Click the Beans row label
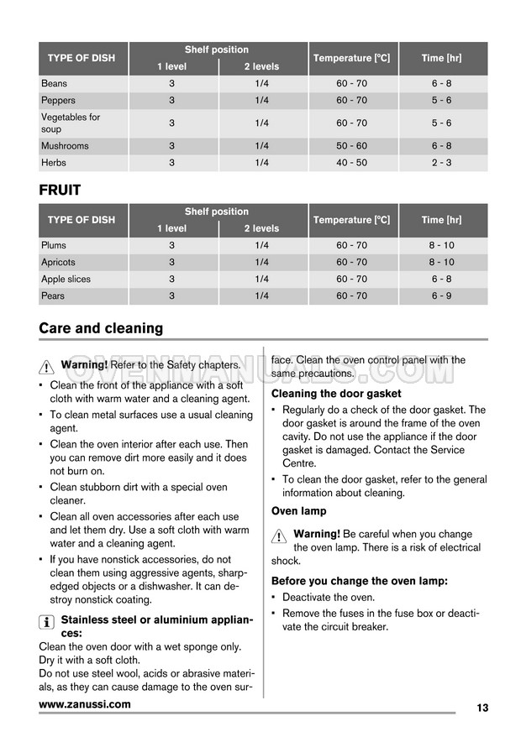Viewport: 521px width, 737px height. point(55,84)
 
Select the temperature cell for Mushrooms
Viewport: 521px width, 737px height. point(351,146)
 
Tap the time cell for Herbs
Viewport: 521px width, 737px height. point(442,163)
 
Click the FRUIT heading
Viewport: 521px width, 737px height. point(60,191)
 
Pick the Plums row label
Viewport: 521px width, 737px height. point(54,246)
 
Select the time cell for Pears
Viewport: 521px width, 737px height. point(442,296)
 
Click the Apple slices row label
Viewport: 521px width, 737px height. point(66,280)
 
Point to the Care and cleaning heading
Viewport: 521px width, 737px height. point(101,328)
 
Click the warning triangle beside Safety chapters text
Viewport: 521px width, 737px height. point(47,366)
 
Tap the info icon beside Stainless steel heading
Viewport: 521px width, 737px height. point(47,621)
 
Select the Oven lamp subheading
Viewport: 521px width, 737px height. point(298,511)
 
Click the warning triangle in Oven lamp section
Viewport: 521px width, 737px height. point(279,536)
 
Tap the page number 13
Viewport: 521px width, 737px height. point(482,708)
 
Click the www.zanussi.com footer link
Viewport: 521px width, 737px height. point(85,704)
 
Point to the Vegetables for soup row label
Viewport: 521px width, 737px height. point(71,123)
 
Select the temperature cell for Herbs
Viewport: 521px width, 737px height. point(351,163)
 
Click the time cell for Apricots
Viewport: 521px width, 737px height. point(442,263)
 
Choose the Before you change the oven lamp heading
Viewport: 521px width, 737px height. point(359,581)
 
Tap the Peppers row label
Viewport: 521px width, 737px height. point(58,101)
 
